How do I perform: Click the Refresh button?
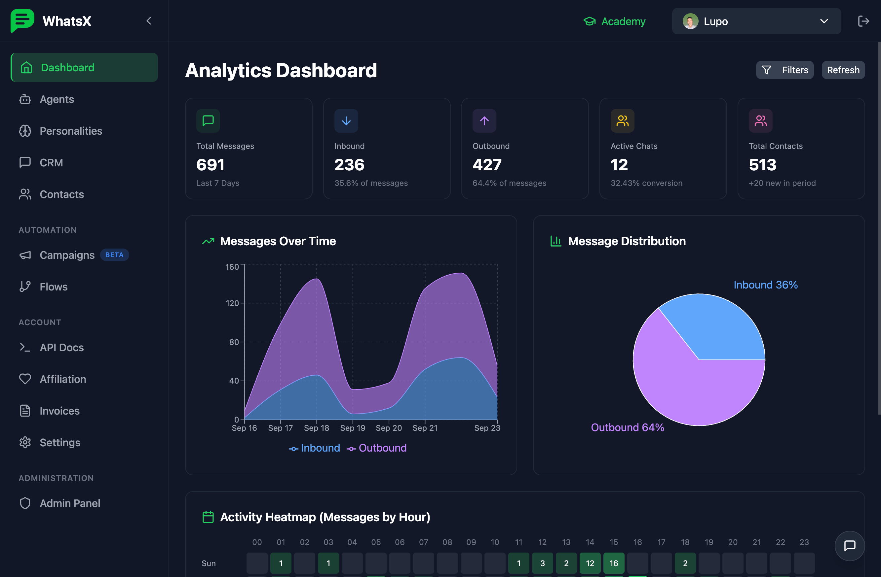[843, 70]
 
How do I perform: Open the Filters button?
[785, 70]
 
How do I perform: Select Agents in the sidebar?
[57, 99]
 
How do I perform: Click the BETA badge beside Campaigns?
[114, 255]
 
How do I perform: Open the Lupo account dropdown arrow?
[824, 21]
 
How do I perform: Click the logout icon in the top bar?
[863, 21]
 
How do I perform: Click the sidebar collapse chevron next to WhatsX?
[149, 21]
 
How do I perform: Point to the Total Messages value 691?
[210, 165]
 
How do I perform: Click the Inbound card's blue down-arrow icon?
[346, 120]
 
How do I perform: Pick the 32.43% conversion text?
[646, 183]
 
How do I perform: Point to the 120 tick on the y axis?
[232, 303]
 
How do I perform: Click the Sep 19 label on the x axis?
[352, 428]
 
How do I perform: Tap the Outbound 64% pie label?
[628, 427]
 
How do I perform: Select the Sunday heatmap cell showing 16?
[613, 563]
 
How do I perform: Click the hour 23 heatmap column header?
[804, 542]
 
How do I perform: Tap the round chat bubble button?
[850, 546]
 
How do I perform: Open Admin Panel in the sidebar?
[70, 503]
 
